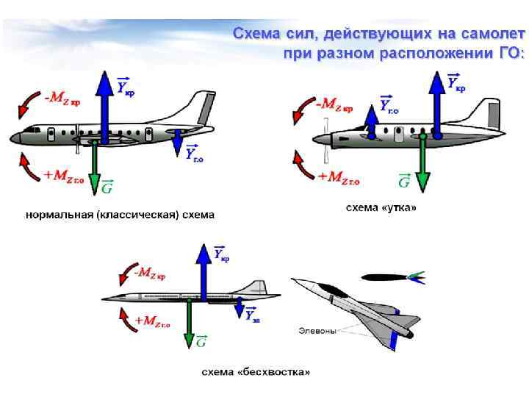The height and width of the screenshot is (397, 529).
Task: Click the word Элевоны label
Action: pyautogui.click(x=317, y=331)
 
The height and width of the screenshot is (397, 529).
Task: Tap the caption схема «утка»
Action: pyautogui.click(x=381, y=208)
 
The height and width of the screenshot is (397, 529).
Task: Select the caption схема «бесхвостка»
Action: pyautogui.click(x=256, y=372)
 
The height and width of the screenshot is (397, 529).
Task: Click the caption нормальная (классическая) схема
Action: pyautogui.click(x=120, y=215)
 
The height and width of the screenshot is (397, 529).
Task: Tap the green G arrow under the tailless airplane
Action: pyautogui.click(x=189, y=323)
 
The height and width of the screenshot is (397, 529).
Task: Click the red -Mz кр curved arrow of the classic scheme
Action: pyautogui.click(x=28, y=103)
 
